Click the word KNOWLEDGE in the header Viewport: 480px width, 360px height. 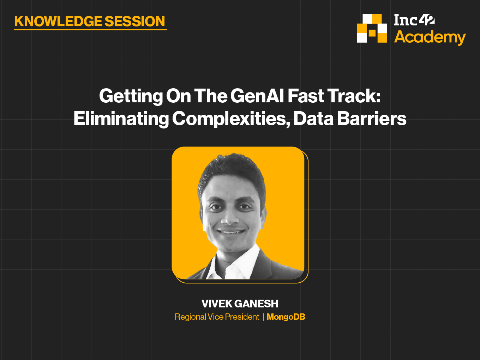point(58,21)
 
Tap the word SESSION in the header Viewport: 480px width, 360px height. point(135,21)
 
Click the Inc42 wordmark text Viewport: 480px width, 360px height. point(414,20)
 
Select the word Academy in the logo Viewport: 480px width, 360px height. point(430,37)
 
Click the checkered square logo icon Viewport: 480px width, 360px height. point(372,28)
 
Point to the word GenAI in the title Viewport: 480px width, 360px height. point(257,96)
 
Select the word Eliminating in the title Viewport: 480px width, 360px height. point(121,119)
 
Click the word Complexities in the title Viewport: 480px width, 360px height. point(232,119)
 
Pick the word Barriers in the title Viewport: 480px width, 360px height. point(372,119)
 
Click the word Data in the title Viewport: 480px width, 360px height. point(313,119)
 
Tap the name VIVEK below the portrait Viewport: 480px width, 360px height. point(217,304)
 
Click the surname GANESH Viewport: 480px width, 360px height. point(257,304)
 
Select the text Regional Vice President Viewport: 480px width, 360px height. point(217,317)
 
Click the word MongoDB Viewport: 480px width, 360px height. point(286,317)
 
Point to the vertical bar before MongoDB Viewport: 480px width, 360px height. point(263,317)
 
